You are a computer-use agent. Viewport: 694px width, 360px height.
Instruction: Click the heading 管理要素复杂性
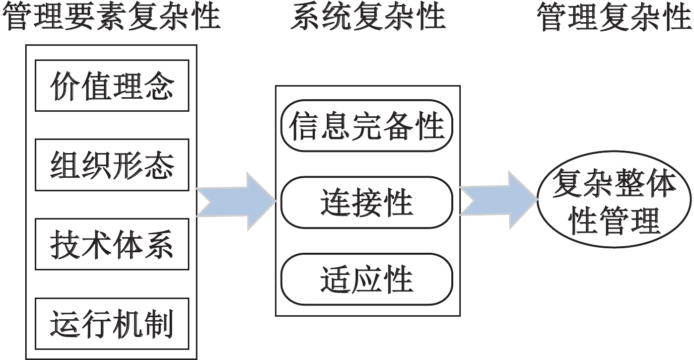(x=111, y=17)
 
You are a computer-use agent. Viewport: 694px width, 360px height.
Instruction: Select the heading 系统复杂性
(x=368, y=17)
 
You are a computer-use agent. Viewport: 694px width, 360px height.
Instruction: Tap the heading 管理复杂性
(x=615, y=17)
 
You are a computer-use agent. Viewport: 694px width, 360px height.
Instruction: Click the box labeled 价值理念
(x=112, y=86)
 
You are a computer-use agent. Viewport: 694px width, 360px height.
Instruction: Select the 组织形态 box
(x=112, y=165)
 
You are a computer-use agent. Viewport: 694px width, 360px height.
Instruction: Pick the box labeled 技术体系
(x=112, y=244)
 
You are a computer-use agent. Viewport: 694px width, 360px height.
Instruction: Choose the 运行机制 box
(x=112, y=324)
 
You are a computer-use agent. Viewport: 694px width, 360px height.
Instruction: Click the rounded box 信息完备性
(x=367, y=125)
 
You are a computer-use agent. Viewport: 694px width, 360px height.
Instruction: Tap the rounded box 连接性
(x=367, y=202)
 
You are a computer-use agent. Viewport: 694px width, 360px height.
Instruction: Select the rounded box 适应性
(x=367, y=279)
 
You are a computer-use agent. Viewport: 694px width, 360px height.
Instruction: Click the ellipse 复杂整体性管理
(x=614, y=199)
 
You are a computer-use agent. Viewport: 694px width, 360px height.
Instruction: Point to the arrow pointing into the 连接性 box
(x=236, y=202)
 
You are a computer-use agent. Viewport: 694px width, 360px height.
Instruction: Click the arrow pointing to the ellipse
(x=499, y=200)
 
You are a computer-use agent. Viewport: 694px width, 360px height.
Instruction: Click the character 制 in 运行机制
(x=158, y=324)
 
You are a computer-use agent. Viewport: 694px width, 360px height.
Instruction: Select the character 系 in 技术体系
(x=158, y=244)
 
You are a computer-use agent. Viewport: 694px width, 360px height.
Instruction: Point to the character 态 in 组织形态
(x=158, y=165)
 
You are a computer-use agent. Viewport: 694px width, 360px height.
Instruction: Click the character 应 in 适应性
(x=367, y=279)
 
